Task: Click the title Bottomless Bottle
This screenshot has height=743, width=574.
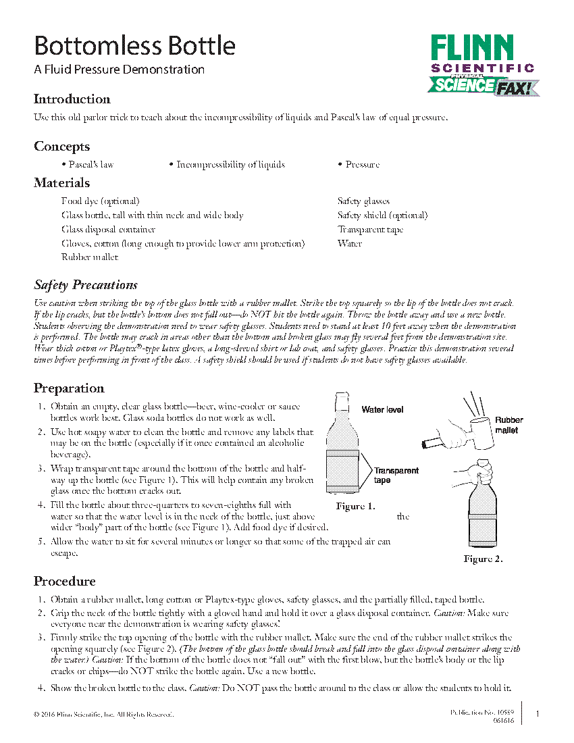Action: tap(134, 46)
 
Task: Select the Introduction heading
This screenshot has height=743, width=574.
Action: tap(72, 99)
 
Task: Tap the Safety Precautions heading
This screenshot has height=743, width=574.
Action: tap(86, 284)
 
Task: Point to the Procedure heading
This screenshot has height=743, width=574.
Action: tap(65, 582)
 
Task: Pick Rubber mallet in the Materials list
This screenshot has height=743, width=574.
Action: tap(90, 257)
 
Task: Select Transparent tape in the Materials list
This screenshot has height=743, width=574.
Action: tap(370, 229)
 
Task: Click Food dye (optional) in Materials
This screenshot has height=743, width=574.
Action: tap(100, 201)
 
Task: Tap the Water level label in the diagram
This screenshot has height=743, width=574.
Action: tap(382, 409)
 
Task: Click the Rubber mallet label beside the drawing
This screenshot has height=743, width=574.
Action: tap(508, 425)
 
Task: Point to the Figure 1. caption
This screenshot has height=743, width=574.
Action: tap(355, 506)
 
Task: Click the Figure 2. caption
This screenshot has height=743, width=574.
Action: tap(483, 559)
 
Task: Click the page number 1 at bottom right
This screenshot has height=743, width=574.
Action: tap(537, 714)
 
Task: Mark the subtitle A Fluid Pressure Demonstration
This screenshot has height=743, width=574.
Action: tap(119, 70)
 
